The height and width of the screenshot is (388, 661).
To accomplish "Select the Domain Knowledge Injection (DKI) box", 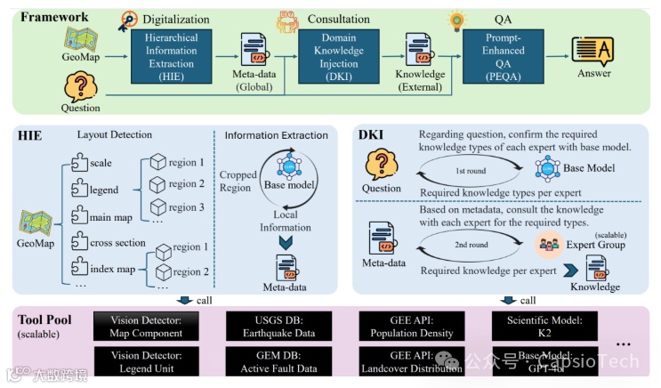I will pos(339,54).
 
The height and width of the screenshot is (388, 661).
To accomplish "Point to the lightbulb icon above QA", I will pos(459,16).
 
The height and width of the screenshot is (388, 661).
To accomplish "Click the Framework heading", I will pos(54,16).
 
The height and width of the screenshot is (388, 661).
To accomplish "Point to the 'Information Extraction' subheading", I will pos(277,135).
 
